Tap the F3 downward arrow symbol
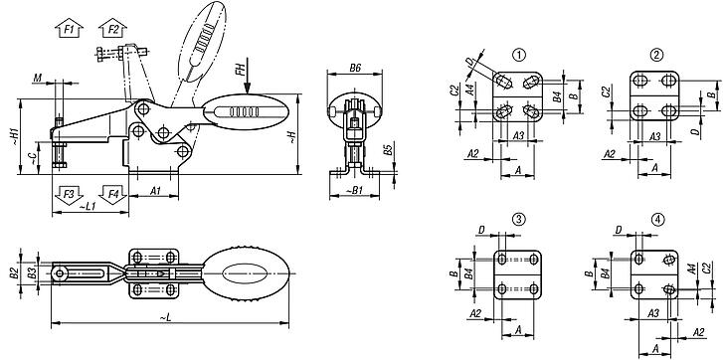[x=68, y=193]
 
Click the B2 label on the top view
[x=14, y=271]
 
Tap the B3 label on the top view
[x=33, y=271]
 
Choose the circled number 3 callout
[x=518, y=219]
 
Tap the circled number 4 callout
[x=657, y=219]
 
